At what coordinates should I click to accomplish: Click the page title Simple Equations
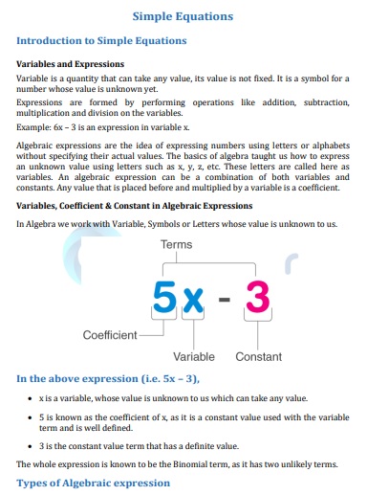(x=182, y=16)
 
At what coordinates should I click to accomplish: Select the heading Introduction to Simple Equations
(x=101, y=40)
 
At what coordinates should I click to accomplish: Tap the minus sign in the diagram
(x=226, y=302)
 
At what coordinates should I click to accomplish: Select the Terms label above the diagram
(x=176, y=245)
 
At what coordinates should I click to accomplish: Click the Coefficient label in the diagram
(x=110, y=335)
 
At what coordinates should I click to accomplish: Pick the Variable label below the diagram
(x=194, y=356)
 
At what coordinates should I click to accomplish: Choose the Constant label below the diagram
(x=258, y=356)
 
